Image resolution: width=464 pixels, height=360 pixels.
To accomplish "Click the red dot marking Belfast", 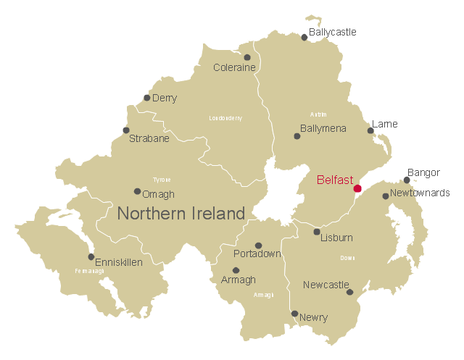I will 357,188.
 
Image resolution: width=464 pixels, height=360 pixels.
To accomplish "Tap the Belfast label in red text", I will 335,180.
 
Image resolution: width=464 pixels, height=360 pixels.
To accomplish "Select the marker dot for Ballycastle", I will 304,37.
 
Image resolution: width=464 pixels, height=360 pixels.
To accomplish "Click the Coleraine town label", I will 234,67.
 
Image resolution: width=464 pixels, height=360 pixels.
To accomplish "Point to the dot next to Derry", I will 147,98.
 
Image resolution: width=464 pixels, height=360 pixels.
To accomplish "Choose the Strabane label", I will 149,138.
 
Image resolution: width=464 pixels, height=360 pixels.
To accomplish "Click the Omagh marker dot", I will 137,191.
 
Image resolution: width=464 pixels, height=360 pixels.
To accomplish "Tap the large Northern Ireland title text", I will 181,214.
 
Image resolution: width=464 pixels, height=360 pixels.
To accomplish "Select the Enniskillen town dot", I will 91,256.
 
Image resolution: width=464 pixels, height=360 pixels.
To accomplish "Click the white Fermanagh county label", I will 89,271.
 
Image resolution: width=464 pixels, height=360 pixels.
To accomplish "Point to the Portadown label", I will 257,254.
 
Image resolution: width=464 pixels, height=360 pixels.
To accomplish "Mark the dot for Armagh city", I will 236,270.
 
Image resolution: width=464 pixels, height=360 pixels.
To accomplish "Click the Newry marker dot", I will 294,314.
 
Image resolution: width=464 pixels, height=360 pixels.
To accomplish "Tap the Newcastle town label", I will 326,285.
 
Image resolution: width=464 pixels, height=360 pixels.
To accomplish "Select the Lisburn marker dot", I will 317,232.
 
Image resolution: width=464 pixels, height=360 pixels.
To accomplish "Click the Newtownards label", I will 420,193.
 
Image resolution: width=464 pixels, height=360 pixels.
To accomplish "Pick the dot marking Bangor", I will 407,180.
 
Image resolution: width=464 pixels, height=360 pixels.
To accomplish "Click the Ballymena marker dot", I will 297,135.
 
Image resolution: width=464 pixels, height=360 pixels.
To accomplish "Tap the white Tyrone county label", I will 162,180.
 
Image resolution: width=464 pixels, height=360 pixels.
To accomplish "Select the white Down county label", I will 347,258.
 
